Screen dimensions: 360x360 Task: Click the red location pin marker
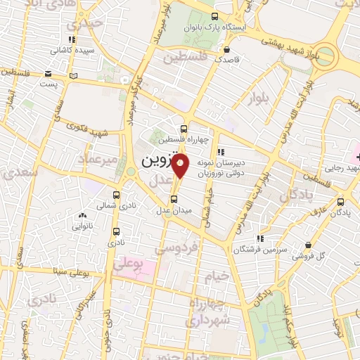coord(181,165)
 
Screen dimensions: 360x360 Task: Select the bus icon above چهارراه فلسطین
coord(184,129)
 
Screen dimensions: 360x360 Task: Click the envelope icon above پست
coord(47,73)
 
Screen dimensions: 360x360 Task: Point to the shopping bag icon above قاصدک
coord(226,50)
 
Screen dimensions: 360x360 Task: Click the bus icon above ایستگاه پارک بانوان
coord(215,17)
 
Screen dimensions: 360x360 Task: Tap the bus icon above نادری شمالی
coord(116,195)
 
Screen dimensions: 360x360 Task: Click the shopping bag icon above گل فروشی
coord(308,244)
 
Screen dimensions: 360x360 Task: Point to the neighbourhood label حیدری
coord(94,24)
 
